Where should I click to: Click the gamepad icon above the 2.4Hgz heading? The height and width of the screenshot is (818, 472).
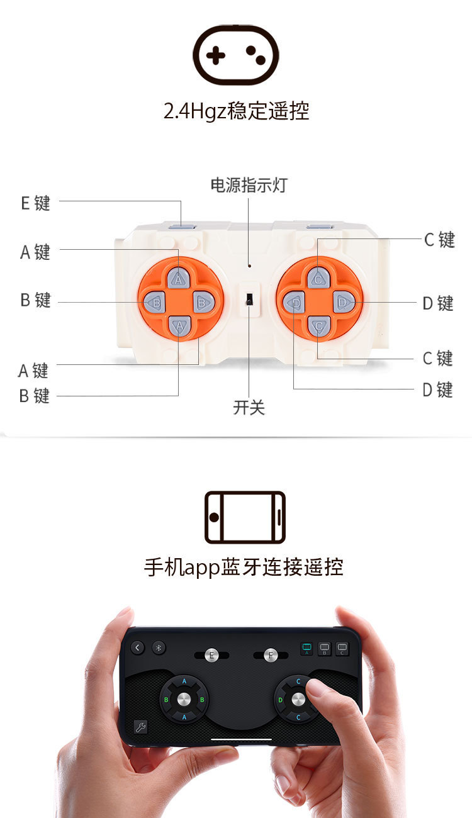coord(235,55)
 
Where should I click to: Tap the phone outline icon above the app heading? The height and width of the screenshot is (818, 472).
coord(245,517)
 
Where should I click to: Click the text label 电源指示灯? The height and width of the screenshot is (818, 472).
coord(249,185)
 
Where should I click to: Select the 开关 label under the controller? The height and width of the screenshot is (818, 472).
coord(249,407)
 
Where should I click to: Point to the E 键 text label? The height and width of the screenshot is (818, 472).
coord(35,203)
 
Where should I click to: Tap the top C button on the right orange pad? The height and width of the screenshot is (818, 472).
coord(318,278)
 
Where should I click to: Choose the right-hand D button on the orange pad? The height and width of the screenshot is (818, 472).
coord(344,303)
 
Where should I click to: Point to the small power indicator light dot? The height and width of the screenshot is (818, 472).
coord(249,266)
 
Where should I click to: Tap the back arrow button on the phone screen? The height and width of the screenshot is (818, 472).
coord(137,647)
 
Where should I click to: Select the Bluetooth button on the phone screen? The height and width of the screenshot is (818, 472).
coord(159,647)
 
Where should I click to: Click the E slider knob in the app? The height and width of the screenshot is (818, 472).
coord(211,655)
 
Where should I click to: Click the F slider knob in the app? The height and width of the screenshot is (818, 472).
coord(271,655)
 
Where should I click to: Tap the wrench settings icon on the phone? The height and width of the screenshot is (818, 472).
coord(140,727)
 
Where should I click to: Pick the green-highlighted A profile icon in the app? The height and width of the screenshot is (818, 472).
coord(307,648)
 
